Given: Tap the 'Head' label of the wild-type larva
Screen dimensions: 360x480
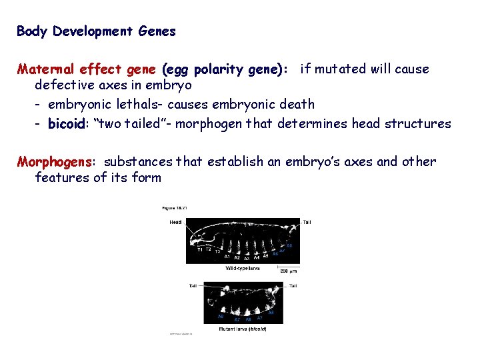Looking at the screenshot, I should pos(176,222).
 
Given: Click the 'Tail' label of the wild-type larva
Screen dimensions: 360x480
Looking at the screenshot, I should pos(307,222).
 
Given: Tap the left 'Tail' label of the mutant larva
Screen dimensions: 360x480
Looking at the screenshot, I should pos(192,285).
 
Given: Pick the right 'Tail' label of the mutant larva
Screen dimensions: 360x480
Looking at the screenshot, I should pos(292,285).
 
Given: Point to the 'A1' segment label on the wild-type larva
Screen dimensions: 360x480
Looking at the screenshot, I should pos(227,257).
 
